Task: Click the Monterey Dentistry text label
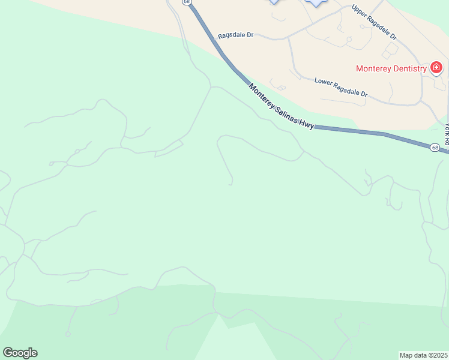(391, 68)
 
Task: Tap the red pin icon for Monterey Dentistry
(436, 67)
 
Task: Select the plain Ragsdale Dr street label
(236, 35)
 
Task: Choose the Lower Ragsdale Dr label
(340, 87)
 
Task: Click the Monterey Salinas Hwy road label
(282, 106)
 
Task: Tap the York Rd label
(447, 133)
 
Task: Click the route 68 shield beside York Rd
(435, 148)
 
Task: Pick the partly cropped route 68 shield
(187, 2)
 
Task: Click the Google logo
(20, 353)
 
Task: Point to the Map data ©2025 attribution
(423, 355)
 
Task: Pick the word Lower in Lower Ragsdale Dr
(322, 81)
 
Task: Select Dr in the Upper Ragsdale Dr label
(393, 36)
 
